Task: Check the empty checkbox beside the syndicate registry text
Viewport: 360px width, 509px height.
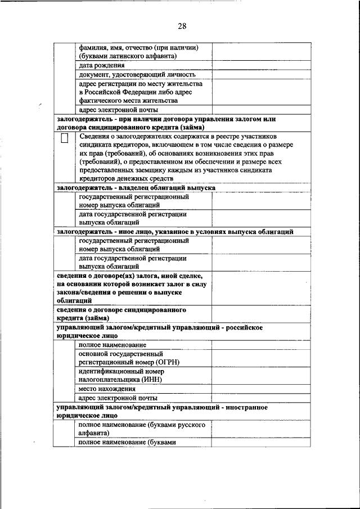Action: point(65,138)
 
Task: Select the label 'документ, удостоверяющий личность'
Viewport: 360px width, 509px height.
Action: point(137,74)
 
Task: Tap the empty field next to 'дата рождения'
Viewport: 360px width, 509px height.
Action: point(261,65)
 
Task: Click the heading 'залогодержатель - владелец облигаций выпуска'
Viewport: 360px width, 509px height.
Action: point(136,187)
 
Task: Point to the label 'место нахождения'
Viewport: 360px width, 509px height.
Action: point(107,389)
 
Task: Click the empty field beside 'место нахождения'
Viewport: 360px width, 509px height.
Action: point(261,389)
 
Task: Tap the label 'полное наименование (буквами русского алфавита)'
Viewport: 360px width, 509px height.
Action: point(141,429)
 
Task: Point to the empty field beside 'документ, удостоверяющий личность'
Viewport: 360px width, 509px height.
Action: point(261,74)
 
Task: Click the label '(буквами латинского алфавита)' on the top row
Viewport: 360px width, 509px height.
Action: point(128,56)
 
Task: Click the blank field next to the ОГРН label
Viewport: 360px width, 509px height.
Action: point(261,358)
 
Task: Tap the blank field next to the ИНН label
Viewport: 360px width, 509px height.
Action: point(261,376)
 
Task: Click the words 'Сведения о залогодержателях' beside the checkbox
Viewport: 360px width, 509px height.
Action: point(124,136)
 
